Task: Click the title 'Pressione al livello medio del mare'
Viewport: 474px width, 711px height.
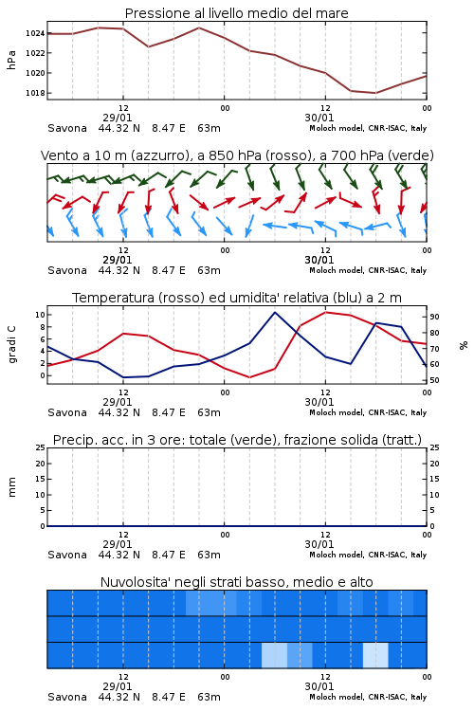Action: point(236,13)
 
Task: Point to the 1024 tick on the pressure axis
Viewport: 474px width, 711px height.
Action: point(35,33)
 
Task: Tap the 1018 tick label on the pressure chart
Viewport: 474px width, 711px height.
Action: point(35,93)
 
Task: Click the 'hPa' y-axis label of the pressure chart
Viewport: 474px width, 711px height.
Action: point(11,60)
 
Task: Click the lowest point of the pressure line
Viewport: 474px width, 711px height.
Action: point(375,93)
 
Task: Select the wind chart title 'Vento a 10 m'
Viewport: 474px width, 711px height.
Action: point(84,155)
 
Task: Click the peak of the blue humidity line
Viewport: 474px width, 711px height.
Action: point(275,312)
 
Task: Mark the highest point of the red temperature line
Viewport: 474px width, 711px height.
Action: point(326,312)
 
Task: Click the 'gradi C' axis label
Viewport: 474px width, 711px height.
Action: point(11,344)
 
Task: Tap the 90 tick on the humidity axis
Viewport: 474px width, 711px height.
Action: point(434,317)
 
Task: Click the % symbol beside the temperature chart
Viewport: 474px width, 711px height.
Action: point(464,345)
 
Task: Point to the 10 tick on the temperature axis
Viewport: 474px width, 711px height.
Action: point(40,315)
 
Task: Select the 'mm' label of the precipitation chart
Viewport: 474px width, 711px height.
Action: point(11,486)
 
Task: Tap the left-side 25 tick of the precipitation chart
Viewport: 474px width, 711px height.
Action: point(41,447)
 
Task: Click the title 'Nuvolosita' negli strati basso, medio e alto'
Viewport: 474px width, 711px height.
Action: point(236,582)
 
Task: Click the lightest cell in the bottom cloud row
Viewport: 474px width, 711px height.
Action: point(375,655)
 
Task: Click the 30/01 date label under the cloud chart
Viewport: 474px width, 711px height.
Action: point(319,686)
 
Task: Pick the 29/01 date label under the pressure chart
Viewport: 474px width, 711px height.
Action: point(118,118)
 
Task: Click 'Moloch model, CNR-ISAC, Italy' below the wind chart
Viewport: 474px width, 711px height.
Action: point(368,270)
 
